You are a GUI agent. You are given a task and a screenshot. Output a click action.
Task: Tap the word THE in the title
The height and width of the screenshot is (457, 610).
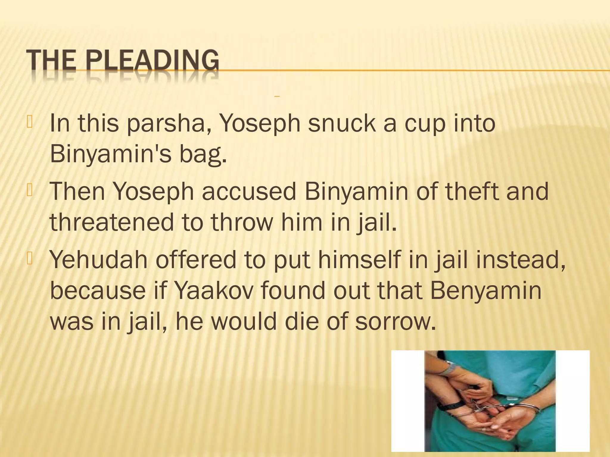point(51,61)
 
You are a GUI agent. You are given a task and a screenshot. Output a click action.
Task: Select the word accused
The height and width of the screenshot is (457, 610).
point(249,192)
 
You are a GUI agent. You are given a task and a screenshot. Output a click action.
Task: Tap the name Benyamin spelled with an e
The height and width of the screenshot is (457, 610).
point(486,291)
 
